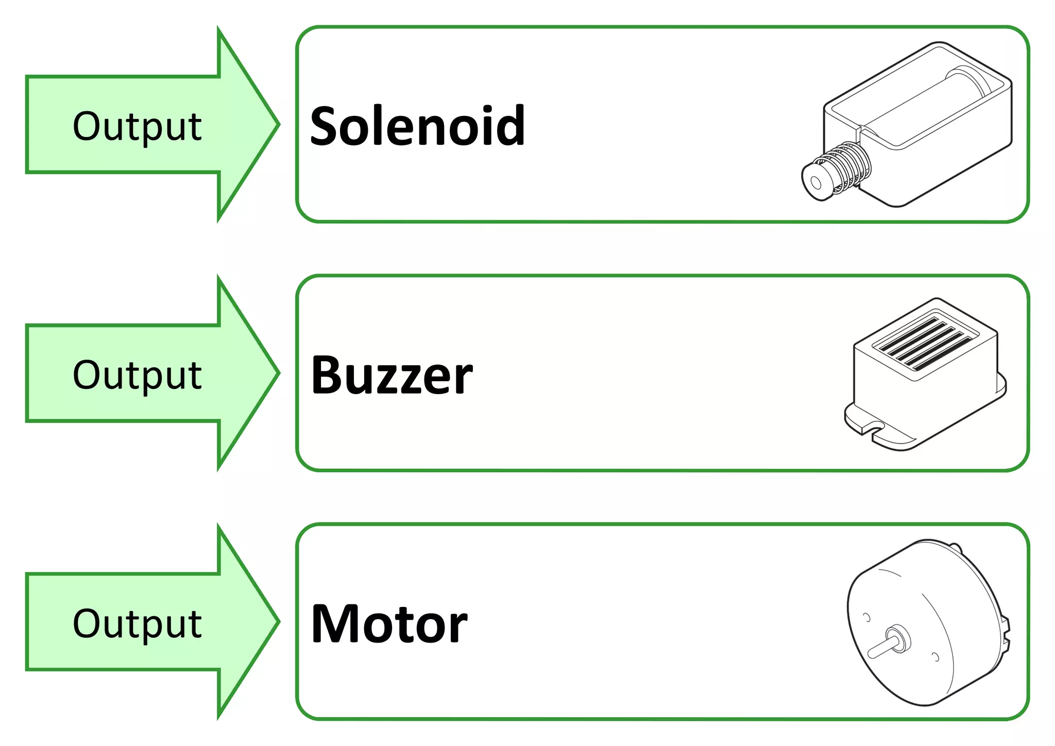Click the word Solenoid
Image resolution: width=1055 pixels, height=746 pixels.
click(x=417, y=126)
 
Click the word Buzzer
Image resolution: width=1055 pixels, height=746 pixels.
click(x=392, y=375)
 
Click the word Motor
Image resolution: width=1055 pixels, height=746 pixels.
click(x=389, y=624)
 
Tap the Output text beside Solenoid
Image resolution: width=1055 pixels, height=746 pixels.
click(x=137, y=126)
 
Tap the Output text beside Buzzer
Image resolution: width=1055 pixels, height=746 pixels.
click(x=137, y=375)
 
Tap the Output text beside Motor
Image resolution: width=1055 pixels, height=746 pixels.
click(x=137, y=624)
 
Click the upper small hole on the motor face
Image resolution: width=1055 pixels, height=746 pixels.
click(x=866, y=617)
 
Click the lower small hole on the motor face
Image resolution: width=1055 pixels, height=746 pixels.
click(x=936, y=657)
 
